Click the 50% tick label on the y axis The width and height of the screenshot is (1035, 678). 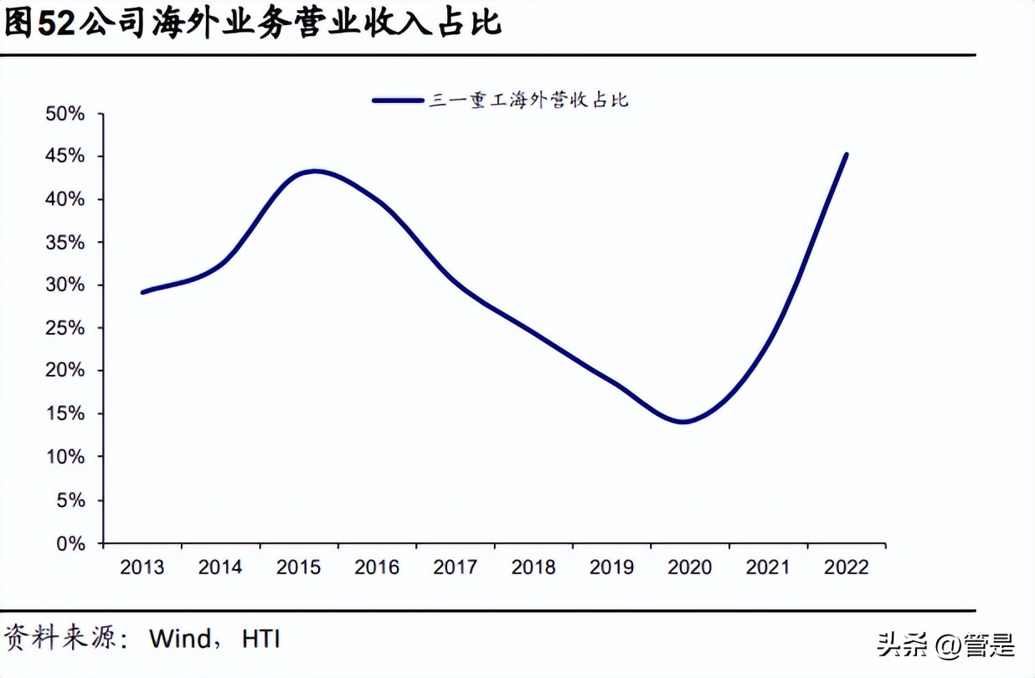[64, 113]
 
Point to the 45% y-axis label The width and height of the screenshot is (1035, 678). [64, 156]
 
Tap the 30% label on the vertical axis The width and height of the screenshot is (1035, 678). [64, 285]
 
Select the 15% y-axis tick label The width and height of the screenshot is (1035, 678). [64, 413]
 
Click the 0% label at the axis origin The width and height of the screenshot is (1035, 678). [70, 543]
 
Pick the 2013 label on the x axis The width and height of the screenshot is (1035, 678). [142, 568]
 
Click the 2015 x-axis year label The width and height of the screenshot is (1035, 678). [299, 568]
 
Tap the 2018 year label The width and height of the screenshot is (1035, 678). [533, 568]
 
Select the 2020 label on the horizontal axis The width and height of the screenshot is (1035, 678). [690, 568]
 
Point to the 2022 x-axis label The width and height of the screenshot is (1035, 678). [847, 568]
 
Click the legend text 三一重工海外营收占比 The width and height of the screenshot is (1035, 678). [528, 100]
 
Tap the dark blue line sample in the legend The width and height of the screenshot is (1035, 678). [398, 100]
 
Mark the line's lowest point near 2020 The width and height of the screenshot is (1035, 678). [684, 422]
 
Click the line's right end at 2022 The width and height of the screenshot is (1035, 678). [847, 155]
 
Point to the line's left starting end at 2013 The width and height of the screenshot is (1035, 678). [142, 292]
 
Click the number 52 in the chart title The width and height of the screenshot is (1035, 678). [57, 23]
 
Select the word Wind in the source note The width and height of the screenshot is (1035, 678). [180, 639]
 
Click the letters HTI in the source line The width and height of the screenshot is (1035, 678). [260, 639]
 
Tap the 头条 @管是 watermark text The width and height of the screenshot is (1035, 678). [945, 645]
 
